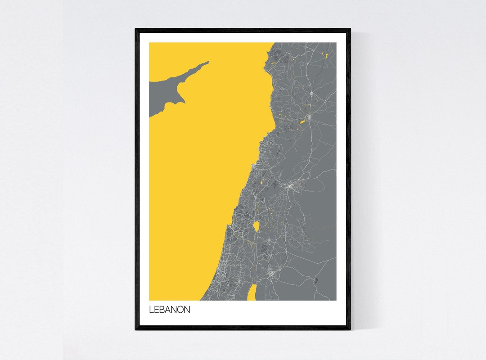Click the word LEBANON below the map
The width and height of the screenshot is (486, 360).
(170, 310)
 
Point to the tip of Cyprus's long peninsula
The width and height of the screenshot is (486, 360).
(207, 63)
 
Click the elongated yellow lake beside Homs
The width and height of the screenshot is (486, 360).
(302, 121)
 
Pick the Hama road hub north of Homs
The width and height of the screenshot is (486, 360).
(310, 93)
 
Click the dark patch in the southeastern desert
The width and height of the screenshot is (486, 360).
(315, 280)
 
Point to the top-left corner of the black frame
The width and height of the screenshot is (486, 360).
(136, 29)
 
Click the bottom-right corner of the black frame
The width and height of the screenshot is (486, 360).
(350, 329)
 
